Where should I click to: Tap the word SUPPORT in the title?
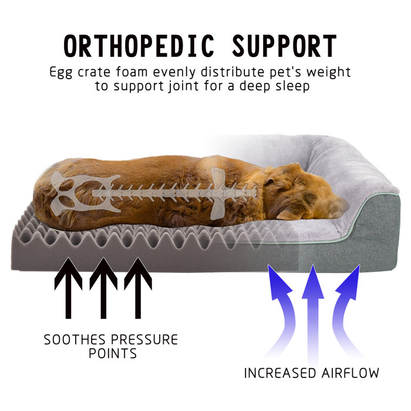click(x=284, y=46)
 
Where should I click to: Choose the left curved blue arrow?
click(x=281, y=305)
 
